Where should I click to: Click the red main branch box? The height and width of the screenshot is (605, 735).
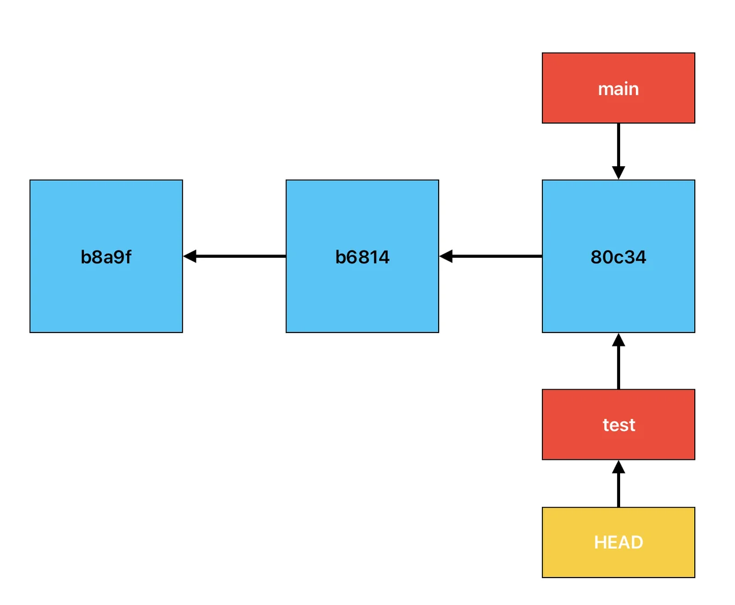point(618,88)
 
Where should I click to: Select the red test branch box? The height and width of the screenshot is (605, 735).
point(618,425)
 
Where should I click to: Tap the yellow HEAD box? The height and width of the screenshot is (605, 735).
point(618,542)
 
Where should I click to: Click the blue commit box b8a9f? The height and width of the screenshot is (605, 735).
point(106,256)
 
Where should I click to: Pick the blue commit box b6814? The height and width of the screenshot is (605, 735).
point(362,256)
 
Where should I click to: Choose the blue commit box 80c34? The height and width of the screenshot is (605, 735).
point(618,256)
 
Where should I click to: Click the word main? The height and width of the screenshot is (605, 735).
point(618,89)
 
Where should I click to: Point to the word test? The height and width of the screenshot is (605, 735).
point(619,425)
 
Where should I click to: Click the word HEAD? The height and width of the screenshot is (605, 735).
point(618,543)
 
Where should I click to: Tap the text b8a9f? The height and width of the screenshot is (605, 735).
point(106,257)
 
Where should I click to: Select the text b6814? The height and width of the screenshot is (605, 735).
point(362,257)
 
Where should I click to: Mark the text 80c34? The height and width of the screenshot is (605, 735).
point(618,257)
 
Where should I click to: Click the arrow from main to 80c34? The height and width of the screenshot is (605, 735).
point(618,151)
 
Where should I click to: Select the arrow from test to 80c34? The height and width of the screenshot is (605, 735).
point(618,361)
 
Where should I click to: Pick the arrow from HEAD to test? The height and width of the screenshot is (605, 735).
point(618,484)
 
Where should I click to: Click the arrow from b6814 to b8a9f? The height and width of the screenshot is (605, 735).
point(235,256)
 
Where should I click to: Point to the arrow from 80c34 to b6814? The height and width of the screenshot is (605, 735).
point(491,256)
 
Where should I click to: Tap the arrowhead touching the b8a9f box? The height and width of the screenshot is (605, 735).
point(190,256)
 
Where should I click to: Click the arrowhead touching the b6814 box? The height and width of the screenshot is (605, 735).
point(446,256)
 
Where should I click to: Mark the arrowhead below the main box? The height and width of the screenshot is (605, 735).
point(618,173)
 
